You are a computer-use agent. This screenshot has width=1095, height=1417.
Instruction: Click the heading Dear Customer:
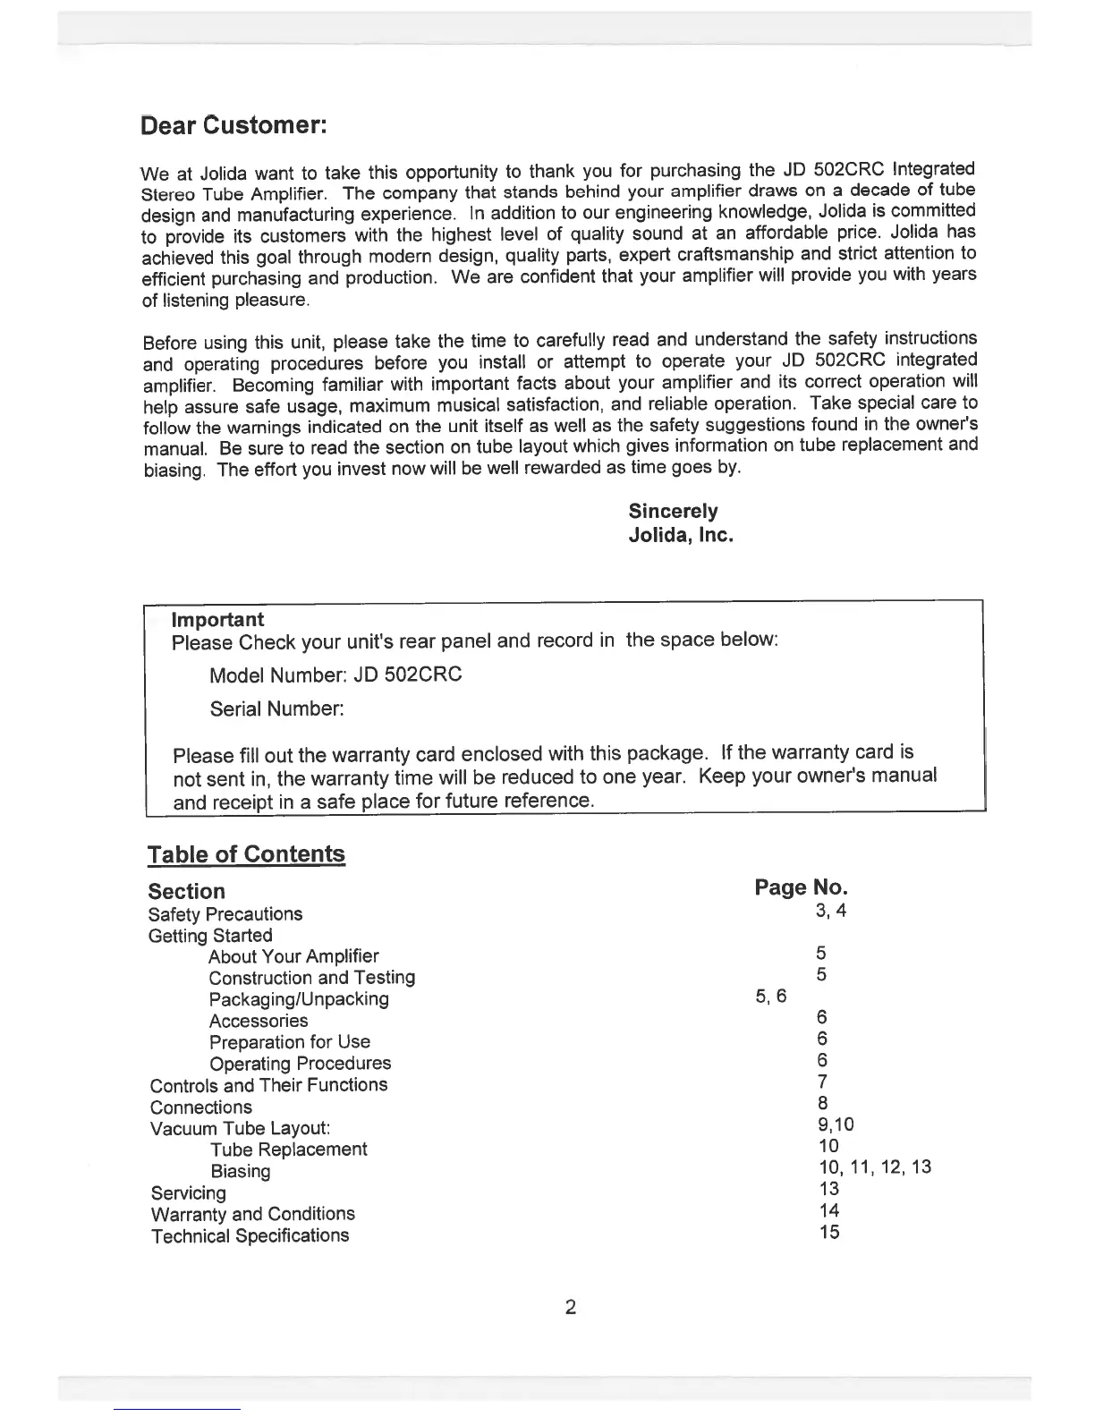tap(236, 124)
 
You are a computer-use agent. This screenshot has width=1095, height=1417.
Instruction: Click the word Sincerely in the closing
tap(673, 511)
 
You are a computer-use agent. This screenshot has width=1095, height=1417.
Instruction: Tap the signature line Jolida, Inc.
tap(680, 536)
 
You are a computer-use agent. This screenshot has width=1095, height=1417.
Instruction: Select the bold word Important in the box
tap(217, 619)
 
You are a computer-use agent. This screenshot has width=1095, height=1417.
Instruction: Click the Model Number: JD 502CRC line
tap(335, 675)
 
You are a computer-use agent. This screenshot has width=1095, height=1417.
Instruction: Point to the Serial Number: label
tap(276, 709)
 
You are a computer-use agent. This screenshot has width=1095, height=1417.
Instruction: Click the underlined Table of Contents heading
tap(246, 854)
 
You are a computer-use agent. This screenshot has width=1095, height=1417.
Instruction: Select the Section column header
tap(186, 891)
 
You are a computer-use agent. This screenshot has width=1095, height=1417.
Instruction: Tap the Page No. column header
tap(801, 887)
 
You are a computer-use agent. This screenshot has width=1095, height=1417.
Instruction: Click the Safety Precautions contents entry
tap(225, 914)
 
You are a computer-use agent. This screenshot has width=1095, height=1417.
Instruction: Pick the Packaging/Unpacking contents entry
tap(299, 999)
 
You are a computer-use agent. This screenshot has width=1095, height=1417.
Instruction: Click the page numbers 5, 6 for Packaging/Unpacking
tap(771, 997)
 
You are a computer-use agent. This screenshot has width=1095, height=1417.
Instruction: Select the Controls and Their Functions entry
tap(268, 1085)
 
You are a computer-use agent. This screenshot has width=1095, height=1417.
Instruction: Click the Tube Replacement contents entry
tap(288, 1150)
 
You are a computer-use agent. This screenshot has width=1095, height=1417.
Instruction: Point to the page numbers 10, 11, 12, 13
tap(875, 1167)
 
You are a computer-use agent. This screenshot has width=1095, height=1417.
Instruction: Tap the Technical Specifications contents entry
tap(250, 1235)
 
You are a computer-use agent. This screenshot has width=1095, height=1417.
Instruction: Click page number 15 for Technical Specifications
tap(829, 1232)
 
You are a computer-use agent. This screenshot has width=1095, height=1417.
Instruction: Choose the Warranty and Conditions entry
tap(252, 1214)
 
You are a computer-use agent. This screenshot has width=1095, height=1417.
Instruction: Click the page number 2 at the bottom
tap(571, 1308)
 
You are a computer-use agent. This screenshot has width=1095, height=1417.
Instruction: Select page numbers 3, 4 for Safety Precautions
tap(830, 911)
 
